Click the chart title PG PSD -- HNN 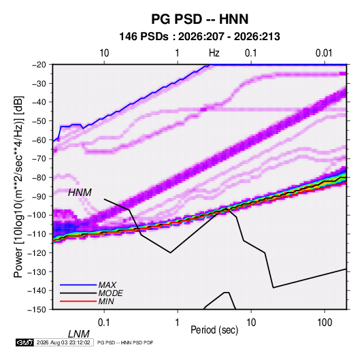(200, 19)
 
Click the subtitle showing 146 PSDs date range (199, 37)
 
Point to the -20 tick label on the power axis (39, 65)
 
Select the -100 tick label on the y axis (37, 215)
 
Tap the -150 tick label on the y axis (37, 310)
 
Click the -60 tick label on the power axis (39, 140)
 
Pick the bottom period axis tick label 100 (325, 322)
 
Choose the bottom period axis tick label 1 (178, 322)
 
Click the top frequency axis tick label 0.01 (324, 53)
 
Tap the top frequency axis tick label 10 (104, 53)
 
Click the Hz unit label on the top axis (214, 53)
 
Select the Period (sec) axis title (214, 330)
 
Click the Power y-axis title (18, 186)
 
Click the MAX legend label (107, 284)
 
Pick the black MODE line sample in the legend (78, 293)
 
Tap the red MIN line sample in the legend (78, 301)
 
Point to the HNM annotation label (80, 193)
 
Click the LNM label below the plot (79, 334)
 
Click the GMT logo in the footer (24, 342)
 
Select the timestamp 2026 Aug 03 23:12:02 (63, 342)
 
